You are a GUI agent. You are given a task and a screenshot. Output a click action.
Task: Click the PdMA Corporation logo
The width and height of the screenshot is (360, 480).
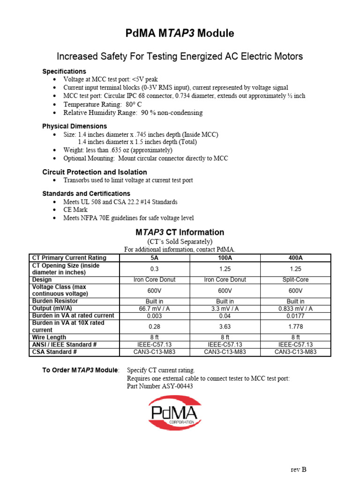coord(175,412)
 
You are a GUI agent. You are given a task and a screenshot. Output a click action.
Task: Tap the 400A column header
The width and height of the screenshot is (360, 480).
coord(295,258)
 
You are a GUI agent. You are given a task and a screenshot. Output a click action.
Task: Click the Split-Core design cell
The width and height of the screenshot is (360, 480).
coord(295,280)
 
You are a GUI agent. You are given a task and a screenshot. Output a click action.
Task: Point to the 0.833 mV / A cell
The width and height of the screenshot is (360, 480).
coord(295,308)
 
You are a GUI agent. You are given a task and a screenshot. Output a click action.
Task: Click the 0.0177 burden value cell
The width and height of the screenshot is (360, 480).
coord(295,316)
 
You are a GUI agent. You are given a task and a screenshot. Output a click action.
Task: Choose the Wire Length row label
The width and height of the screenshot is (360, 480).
coord(49,337)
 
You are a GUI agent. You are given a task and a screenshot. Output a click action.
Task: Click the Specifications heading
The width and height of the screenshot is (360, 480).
coord(64,71)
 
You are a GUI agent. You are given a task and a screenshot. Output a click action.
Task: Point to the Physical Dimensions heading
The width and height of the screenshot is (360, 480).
coord(75,126)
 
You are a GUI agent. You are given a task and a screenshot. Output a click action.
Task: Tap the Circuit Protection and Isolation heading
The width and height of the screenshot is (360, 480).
coord(95,172)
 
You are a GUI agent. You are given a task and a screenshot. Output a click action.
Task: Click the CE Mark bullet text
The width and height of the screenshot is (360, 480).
coord(75,210)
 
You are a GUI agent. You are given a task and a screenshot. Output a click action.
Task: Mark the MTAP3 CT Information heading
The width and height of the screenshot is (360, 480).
coord(180,232)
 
